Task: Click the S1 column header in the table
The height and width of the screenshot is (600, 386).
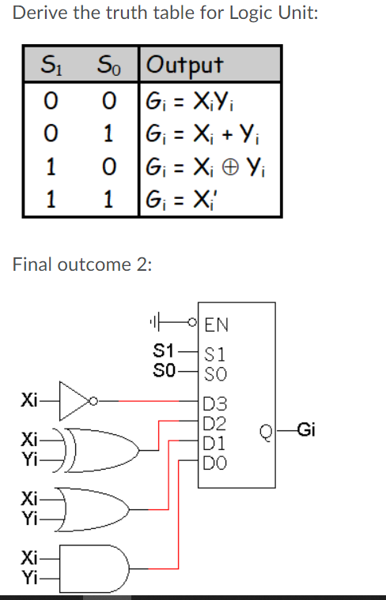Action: coord(50,64)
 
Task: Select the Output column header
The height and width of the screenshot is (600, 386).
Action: coord(185,64)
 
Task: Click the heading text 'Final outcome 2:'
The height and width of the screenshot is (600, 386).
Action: coord(81,264)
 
